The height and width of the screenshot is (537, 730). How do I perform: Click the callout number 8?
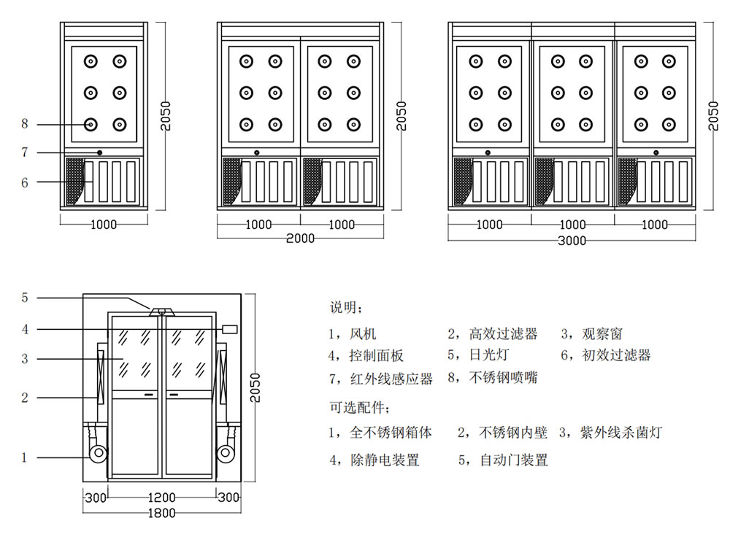click(x=25, y=124)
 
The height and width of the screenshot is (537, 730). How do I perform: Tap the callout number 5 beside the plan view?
click(x=25, y=298)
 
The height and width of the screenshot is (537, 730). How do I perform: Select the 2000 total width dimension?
click(x=300, y=239)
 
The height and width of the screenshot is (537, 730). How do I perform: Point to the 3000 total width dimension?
click(x=572, y=241)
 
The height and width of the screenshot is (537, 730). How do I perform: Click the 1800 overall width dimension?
click(x=161, y=513)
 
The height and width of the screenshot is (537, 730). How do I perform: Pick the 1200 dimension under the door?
click(x=161, y=498)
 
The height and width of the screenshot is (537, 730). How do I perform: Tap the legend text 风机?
click(x=363, y=333)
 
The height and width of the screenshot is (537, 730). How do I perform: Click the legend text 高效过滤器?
click(x=503, y=333)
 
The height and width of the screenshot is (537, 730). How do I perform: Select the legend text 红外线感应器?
click(x=391, y=379)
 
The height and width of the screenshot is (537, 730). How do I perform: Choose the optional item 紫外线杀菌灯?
click(x=621, y=432)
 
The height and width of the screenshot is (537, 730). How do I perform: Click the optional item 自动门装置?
click(x=514, y=460)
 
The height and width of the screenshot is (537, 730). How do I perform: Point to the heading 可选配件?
click(x=357, y=407)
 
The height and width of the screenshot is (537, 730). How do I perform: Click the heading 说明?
click(x=343, y=307)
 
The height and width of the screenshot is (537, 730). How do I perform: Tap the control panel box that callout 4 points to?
click(x=230, y=330)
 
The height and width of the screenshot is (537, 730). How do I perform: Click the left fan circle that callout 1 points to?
click(x=99, y=454)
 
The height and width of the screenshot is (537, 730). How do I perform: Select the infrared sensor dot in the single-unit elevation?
click(x=99, y=152)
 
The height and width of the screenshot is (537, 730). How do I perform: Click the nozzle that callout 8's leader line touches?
click(x=91, y=125)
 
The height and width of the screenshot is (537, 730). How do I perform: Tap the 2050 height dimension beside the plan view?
click(x=255, y=387)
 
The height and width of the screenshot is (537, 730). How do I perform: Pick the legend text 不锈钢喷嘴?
click(x=503, y=377)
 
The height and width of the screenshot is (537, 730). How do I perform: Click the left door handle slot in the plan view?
click(x=149, y=395)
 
